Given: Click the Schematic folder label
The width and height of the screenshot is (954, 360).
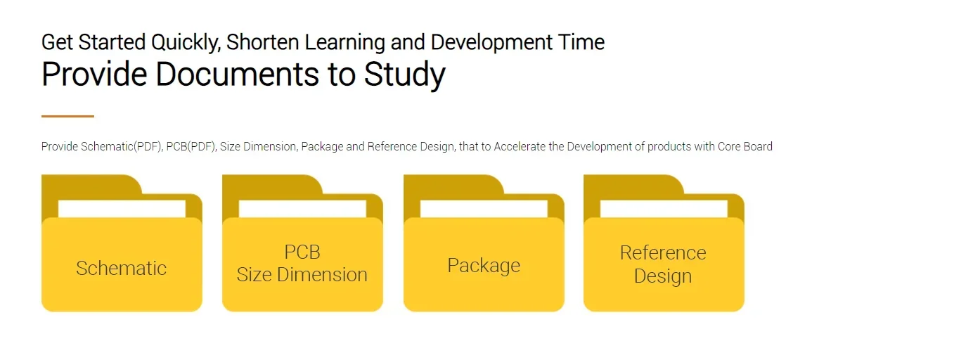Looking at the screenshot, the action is pyautogui.click(x=122, y=268).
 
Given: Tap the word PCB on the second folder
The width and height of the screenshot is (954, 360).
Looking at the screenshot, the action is pyautogui.click(x=302, y=252).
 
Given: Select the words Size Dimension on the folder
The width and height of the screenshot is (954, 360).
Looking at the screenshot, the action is pyautogui.click(x=302, y=275).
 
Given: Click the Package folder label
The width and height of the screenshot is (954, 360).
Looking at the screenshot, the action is pyautogui.click(x=484, y=266).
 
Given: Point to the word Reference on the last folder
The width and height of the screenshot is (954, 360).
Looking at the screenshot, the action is pyautogui.click(x=663, y=252).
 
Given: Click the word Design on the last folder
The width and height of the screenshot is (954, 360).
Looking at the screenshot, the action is pyautogui.click(x=663, y=276).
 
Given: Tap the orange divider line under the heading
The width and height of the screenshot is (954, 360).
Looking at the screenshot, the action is pyautogui.click(x=67, y=116).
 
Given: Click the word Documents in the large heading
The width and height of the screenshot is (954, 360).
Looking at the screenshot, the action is pyautogui.click(x=237, y=74).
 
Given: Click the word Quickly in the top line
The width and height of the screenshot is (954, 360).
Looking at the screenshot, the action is pyautogui.click(x=186, y=43).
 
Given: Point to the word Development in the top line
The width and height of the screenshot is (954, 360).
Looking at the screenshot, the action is pyautogui.click(x=491, y=43).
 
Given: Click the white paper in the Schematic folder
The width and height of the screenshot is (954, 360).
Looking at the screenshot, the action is pyautogui.click(x=122, y=209).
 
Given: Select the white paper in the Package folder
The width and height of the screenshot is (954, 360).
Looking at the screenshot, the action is pyautogui.click(x=484, y=209).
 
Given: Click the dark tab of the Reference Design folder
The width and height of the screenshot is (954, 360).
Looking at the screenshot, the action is pyautogui.click(x=633, y=185).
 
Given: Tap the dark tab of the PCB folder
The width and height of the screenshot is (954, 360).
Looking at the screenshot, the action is pyautogui.click(x=272, y=185).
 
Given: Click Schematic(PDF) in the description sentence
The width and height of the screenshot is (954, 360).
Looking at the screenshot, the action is pyautogui.click(x=122, y=146).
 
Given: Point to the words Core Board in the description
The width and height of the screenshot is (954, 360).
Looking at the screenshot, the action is pyautogui.click(x=745, y=146).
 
